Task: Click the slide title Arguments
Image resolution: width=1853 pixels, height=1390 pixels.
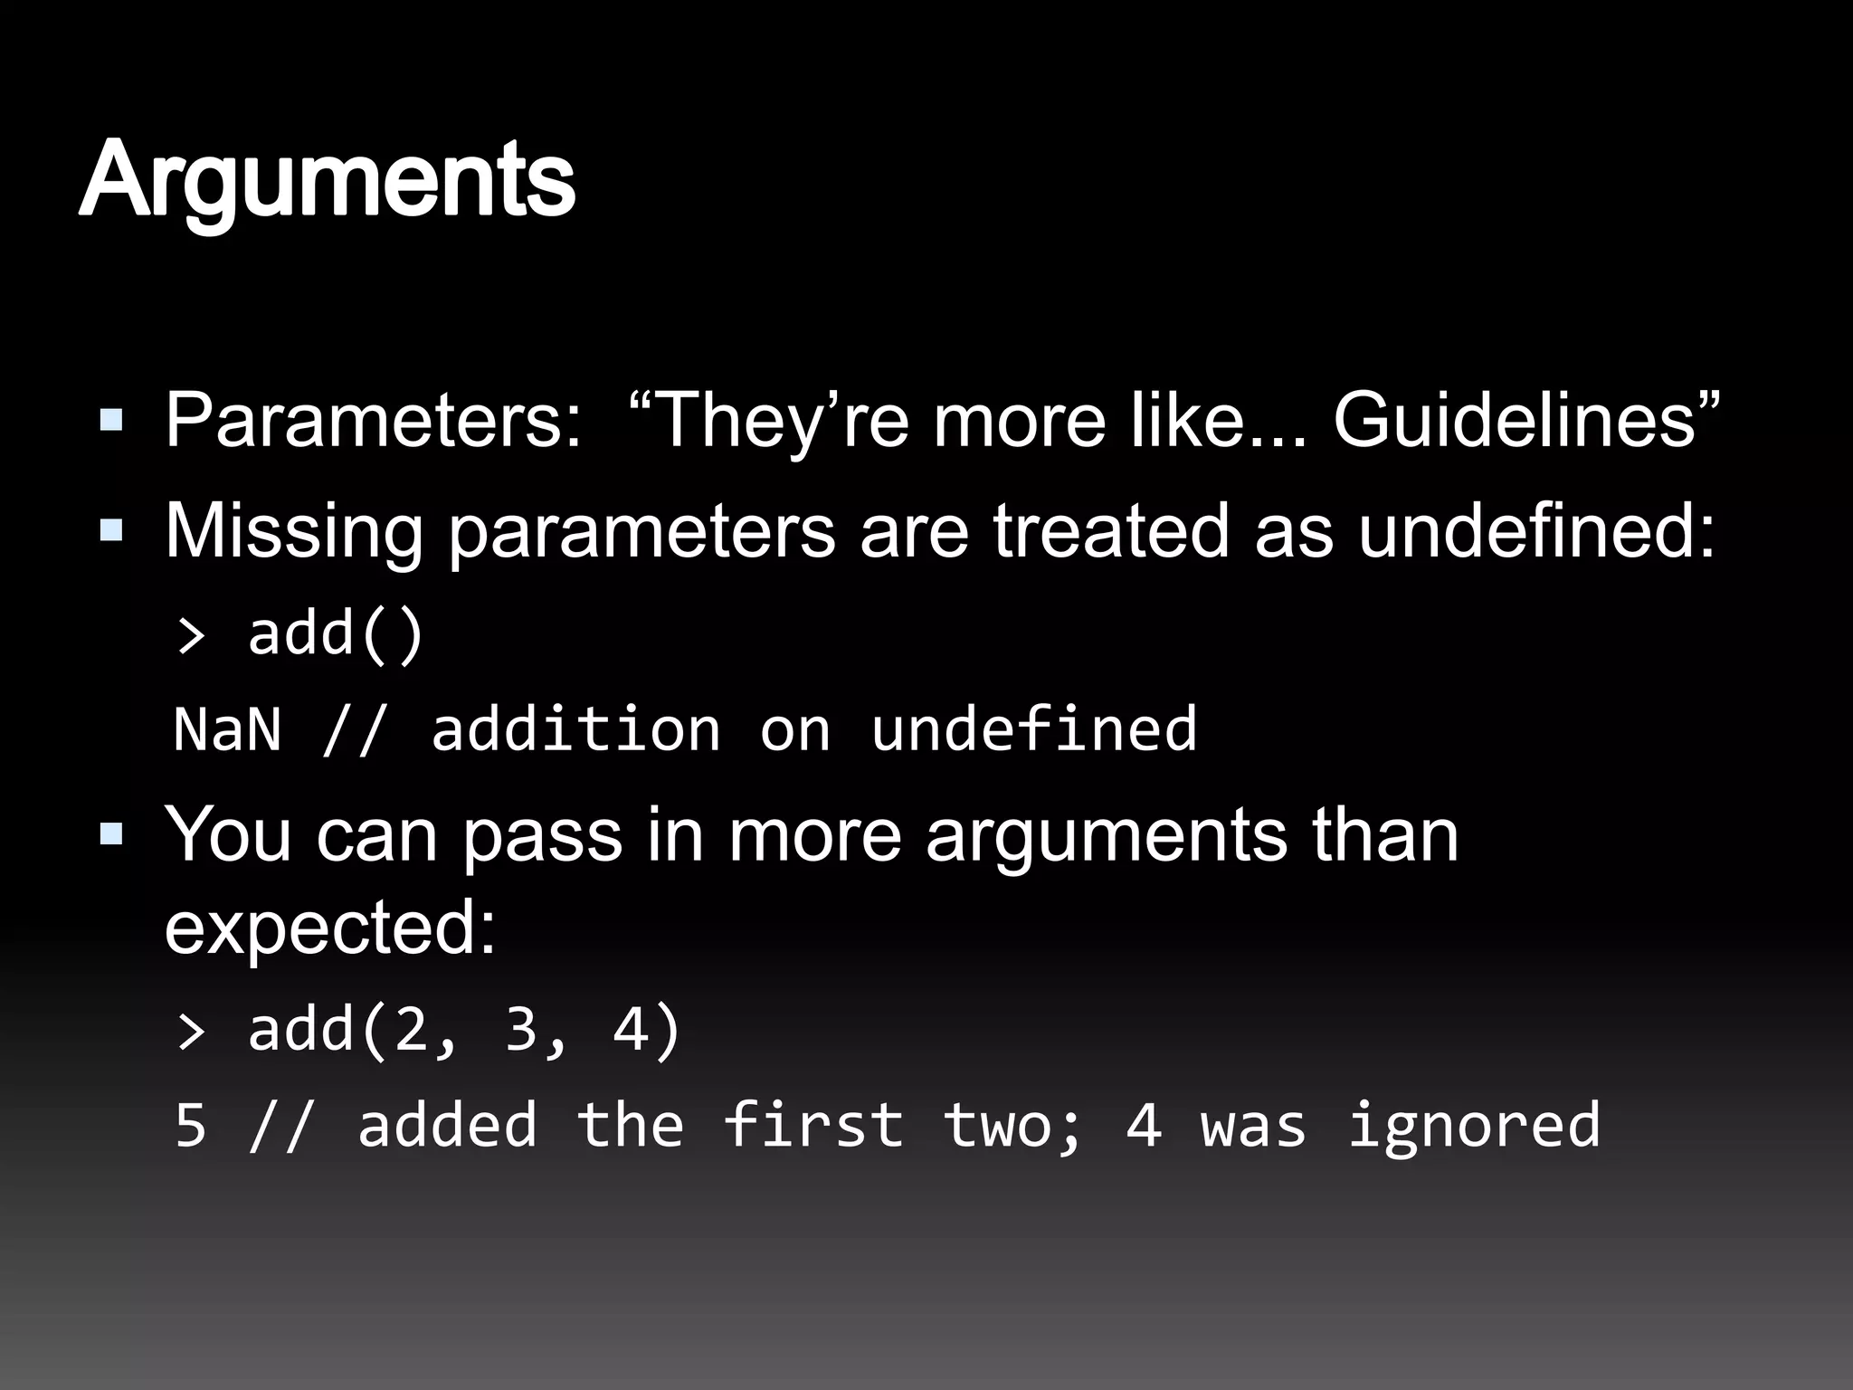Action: click(x=327, y=181)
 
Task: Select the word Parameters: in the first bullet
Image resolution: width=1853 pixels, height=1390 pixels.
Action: click(x=373, y=421)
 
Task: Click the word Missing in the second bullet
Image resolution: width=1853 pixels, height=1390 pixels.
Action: click(x=293, y=532)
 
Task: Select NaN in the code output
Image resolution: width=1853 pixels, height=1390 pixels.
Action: click(x=227, y=729)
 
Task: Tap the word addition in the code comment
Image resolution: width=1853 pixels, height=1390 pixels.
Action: click(x=575, y=729)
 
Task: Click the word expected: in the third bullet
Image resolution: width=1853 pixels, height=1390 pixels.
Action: click(x=330, y=928)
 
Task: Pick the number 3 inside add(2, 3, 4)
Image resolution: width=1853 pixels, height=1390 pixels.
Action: click(x=521, y=1030)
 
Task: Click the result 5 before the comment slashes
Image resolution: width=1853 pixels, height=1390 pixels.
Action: click(x=190, y=1125)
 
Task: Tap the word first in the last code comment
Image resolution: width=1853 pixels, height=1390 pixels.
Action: click(x=813, y=1125)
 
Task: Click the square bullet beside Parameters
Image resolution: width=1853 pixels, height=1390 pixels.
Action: click(x=111, y=419)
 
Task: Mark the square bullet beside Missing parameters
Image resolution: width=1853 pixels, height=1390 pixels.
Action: click(x=111, y=530)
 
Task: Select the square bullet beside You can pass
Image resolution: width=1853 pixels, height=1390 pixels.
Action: click(x=111, y=833)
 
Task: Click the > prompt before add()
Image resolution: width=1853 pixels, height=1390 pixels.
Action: click(x=191, y=636)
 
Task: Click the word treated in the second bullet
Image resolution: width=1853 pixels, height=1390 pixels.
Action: click(x=1111, y=530)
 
